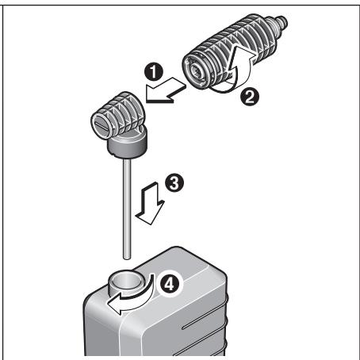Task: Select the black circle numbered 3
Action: coord(178,184)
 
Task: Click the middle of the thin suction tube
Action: coord(125,206)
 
